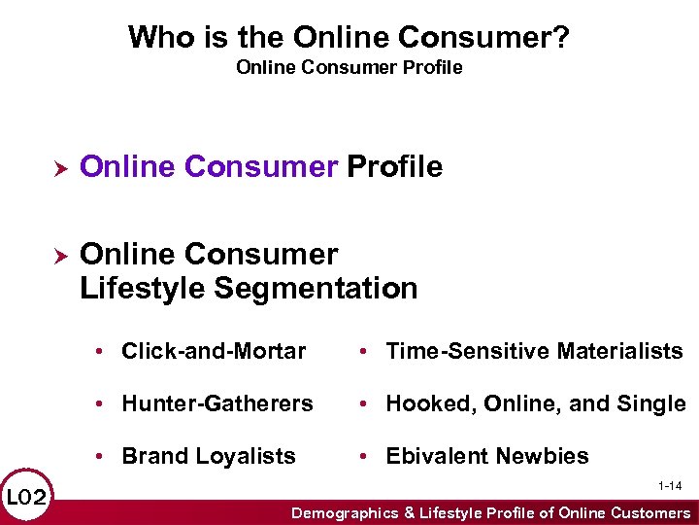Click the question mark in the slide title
pos(562,38)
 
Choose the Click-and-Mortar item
pos(213,351)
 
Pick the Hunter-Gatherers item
pos(216,403)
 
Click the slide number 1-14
pos(670,484)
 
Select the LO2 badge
pos(26,498)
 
